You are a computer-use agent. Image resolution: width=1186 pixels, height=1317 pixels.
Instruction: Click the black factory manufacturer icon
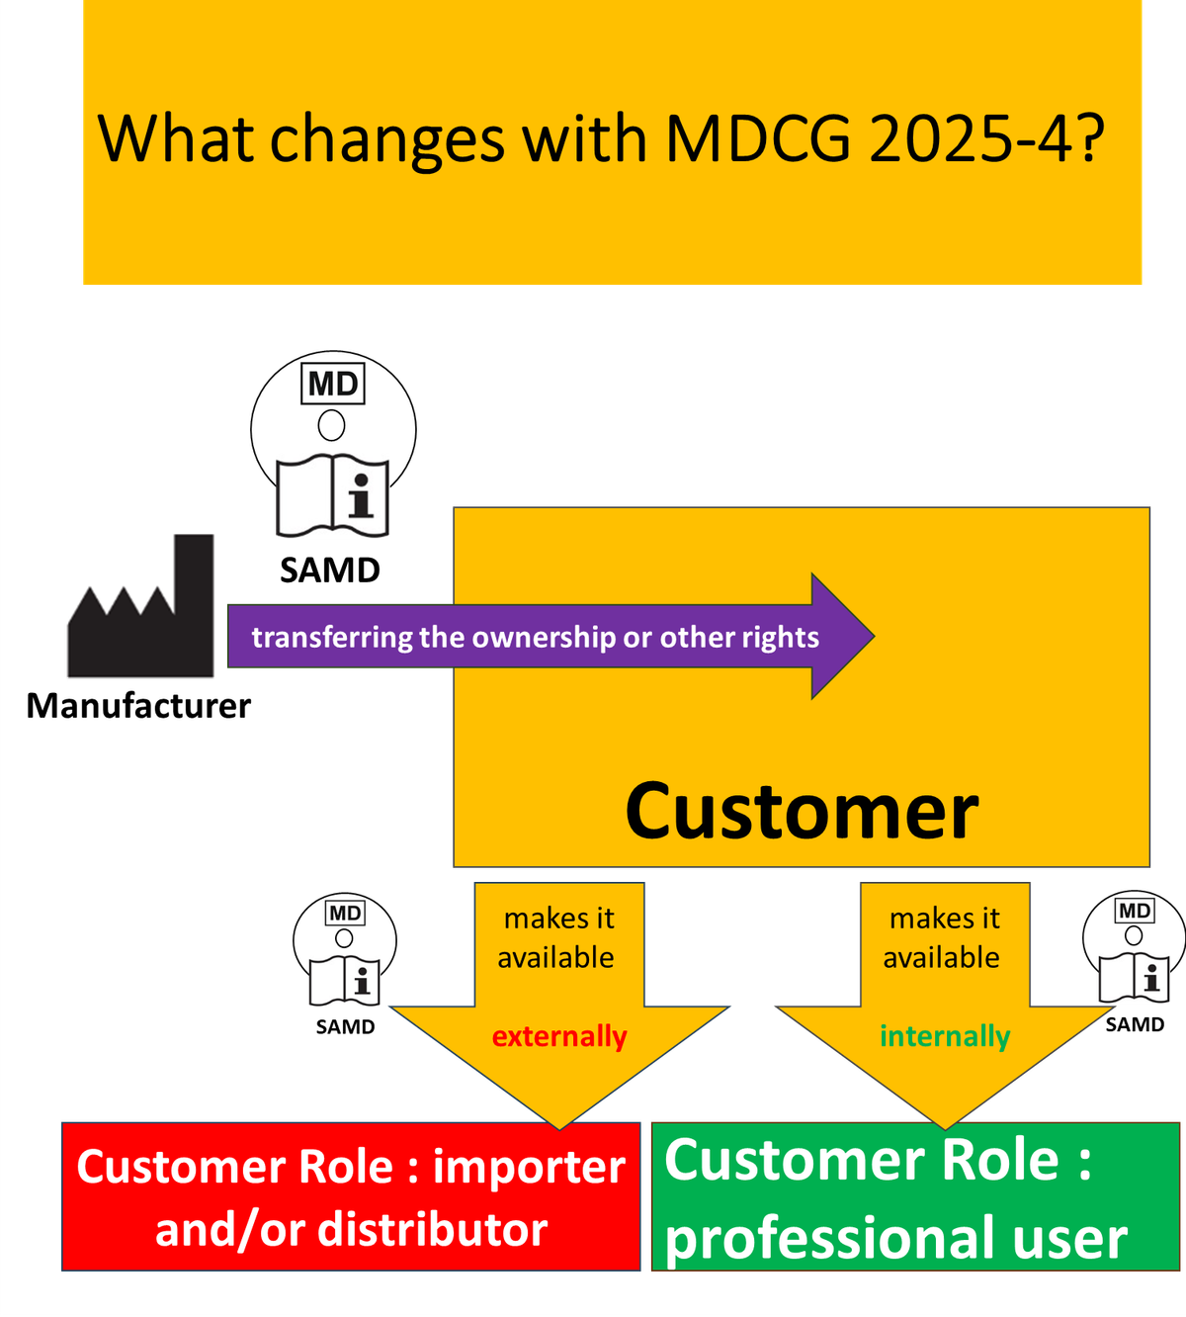[140, 606]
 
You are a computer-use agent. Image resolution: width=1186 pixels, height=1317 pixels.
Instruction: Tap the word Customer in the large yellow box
[802, 812]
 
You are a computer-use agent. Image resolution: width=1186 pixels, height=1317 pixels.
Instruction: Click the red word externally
[559, 1036]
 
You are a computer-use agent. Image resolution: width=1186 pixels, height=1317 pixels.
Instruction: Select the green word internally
[945, 1036]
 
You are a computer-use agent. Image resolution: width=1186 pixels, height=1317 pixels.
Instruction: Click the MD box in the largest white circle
[332, 384]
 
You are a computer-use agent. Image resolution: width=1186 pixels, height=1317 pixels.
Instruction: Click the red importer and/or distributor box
[351, 1196]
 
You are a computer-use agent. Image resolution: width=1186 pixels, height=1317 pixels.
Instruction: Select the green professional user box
[915, 1196]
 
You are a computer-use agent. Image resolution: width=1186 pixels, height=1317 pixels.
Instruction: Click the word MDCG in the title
[757, 138]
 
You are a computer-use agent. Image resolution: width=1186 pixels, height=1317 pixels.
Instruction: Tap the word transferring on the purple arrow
[332, 638]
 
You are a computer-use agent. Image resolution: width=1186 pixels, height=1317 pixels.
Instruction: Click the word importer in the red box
[529, 1168]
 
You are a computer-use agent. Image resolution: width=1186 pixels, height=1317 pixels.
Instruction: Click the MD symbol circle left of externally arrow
[344, 951]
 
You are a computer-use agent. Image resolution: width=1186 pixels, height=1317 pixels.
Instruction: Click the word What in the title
[177, 138]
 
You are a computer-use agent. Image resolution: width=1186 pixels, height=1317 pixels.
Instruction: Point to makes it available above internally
[944, 937]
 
